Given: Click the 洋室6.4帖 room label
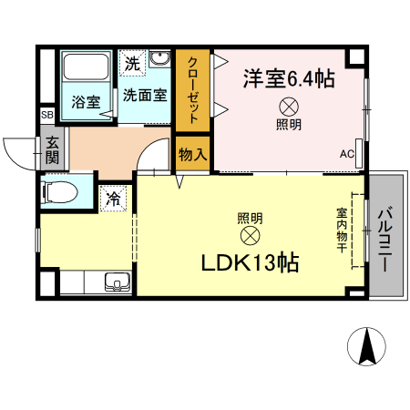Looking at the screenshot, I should tap(288, 78).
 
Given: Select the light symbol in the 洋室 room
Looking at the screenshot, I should tap(288, 105).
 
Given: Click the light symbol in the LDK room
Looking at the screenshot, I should tap(250, 236).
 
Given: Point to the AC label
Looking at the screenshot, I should tap(347, 154).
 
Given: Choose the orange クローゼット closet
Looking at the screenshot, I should tap(193, 89).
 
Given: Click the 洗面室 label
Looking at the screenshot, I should tap(145, 93).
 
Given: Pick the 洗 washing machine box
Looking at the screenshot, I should tap(133, 64).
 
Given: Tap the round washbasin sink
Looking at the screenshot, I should tap(160, 61).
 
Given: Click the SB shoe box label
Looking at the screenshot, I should tap(46, 115).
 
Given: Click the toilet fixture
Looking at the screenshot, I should tap(60, 192).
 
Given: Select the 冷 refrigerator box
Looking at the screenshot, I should tap(116, 197).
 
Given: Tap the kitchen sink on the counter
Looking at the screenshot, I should tap(117, 282).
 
